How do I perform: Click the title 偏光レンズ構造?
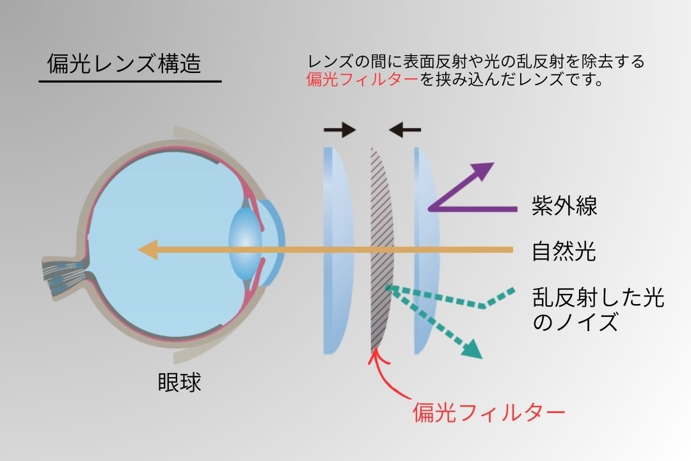124,64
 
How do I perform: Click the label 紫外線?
564,206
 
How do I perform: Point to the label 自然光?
564,251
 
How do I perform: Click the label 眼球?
179,383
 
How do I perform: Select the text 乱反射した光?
598,298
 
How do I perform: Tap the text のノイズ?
575,322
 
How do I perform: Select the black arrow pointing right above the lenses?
339,131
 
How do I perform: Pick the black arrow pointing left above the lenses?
405,131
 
